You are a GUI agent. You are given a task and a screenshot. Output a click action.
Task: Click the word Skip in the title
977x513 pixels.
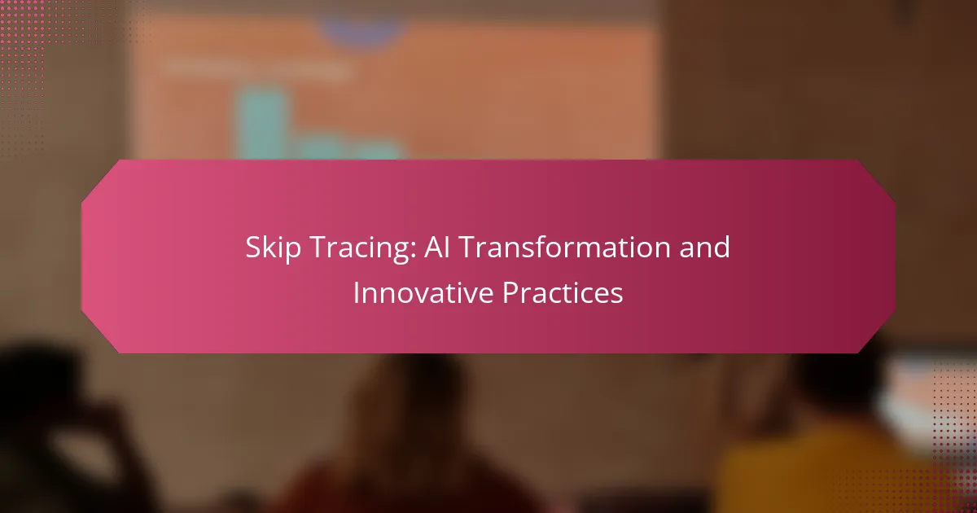[273, 248]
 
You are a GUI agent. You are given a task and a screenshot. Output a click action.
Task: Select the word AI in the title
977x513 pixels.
[436, 247]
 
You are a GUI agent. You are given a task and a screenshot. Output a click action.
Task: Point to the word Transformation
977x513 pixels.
[564, 247]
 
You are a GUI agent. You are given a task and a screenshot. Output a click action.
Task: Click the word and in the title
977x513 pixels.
[704, 247]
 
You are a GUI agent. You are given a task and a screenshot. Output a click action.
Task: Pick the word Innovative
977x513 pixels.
[423, 292]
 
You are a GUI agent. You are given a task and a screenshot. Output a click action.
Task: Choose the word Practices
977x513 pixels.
[563, 292]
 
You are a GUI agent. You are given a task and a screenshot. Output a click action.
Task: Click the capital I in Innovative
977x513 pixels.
[356, 292]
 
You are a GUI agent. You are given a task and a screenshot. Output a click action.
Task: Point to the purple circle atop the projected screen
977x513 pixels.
[361, 29]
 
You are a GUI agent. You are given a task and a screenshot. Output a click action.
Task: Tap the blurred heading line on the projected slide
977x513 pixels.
[258, 68]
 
